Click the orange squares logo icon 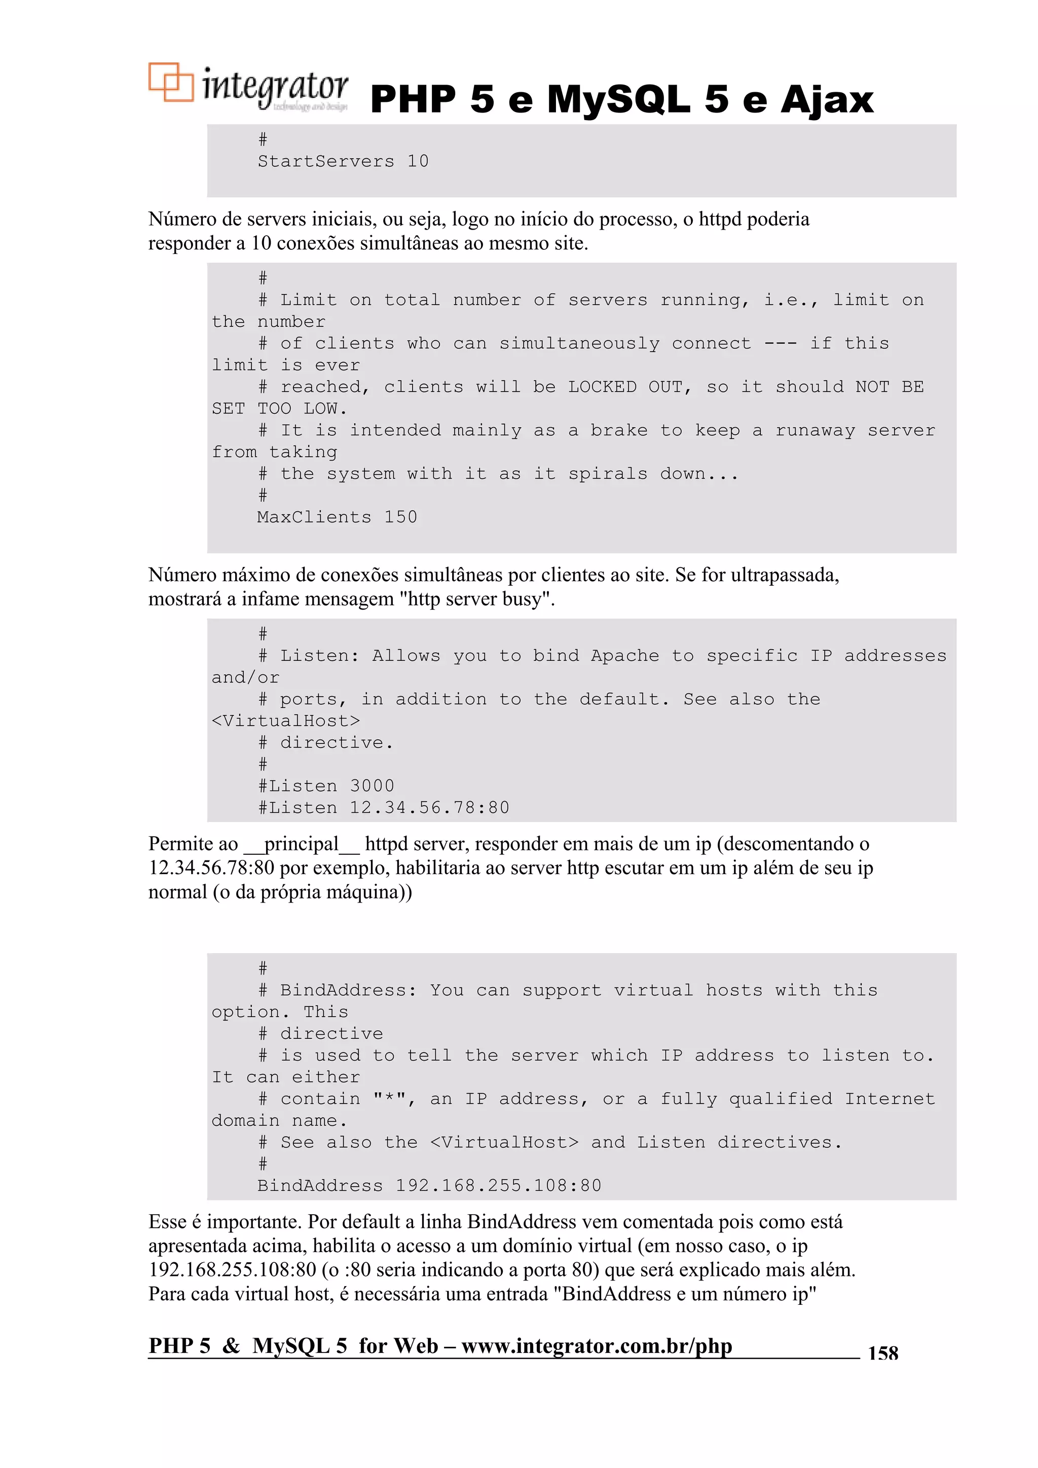click(x=170, y=82)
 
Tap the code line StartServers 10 click(x=343, y=161)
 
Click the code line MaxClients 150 click(x=337, y=517)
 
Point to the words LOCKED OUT click(x=626, y=387)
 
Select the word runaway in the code click(x=815, y=430)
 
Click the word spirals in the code click(x=607, y=474)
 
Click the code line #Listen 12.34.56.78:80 click(x=383, y=808)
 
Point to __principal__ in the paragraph click(x=301, y=844)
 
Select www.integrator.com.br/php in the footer click(x=596, y=1345)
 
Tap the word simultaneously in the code click(x=579, y=344)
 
